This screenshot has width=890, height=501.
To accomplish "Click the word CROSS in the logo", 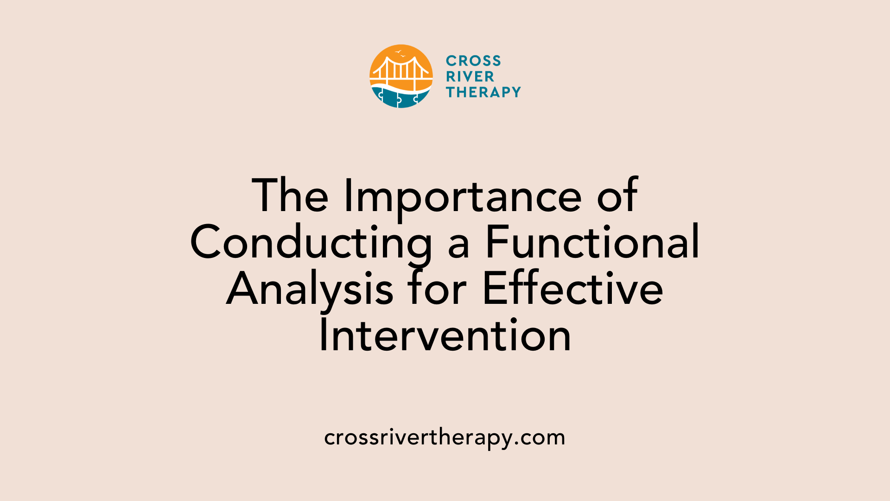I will pyautogui.click(x=473, y=61).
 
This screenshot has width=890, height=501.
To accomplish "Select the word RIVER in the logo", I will pyautogui.click(x=470, y=77).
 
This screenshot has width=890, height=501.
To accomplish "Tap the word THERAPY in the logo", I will pyautogui.click(x=483, y=92).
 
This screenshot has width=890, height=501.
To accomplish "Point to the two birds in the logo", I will pyautogui.click(x=400, y=53).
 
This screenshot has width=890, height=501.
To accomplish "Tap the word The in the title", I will pyautogui.click(x=290, y=196).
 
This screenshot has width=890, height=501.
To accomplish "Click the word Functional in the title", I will pyautogui.click(x=592, y=242).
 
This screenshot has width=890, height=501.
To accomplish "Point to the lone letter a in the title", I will pyautogui.click(x=458, y=247).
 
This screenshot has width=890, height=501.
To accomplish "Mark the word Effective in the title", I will pyautogui.click(x=573, y=289).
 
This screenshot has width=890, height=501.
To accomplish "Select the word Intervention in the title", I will pyautogui.click(x=445, y=335).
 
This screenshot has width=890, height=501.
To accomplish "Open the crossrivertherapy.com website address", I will pyautogui.click(x=445, y=437).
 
